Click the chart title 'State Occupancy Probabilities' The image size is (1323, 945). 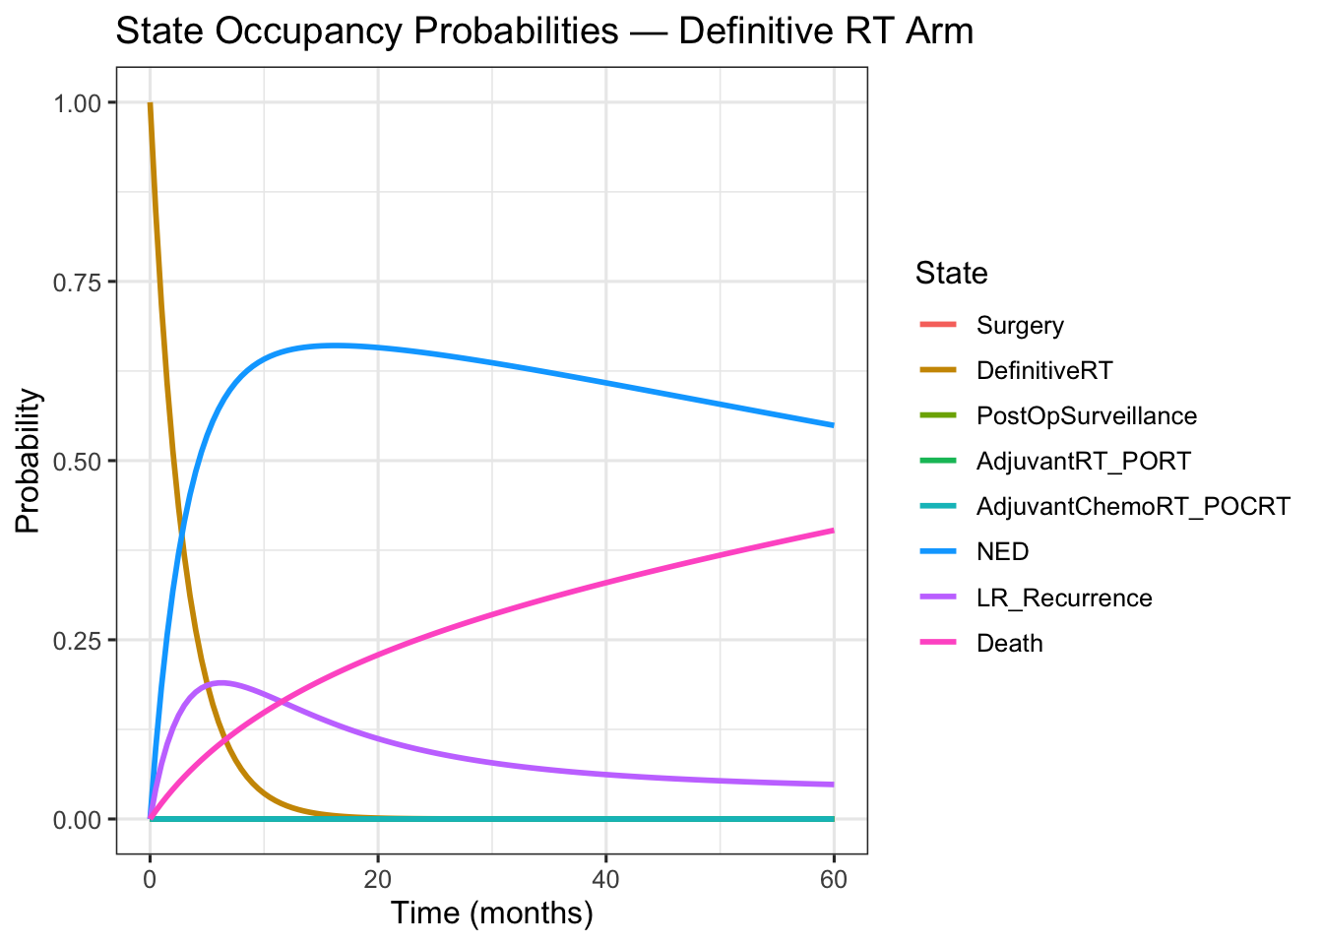click(x=543, y=31)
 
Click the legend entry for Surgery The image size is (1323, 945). click(x=1020, y=326)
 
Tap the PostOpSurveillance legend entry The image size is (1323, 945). click(x=1086, y=416)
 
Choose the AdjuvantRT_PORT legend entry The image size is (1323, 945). click(x=1083, y=462)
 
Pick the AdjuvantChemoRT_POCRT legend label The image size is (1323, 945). click(x=1132, y=507)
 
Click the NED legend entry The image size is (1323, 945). click(x=1002, y=552)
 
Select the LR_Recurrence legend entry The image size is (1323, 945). click(x=1063, y=598)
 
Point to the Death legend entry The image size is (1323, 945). click(x=1009, y=643)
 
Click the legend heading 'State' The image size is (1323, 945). click(x=951, y=273)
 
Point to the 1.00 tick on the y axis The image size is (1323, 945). click(x=82, y=102)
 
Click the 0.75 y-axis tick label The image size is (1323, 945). click(x=82, y=282)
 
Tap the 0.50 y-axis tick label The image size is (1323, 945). click(x=82, y=461)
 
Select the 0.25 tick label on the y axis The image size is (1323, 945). click(x=82, y=640)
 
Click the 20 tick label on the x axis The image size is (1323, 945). click(x=377, y=879)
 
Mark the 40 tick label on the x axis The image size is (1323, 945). click(x=605, y=879)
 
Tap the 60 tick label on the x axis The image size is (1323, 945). click(x=834, y=879)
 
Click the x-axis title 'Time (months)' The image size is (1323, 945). click(x=491, y=913)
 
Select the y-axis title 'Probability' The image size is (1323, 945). click(x=29, y=461)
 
